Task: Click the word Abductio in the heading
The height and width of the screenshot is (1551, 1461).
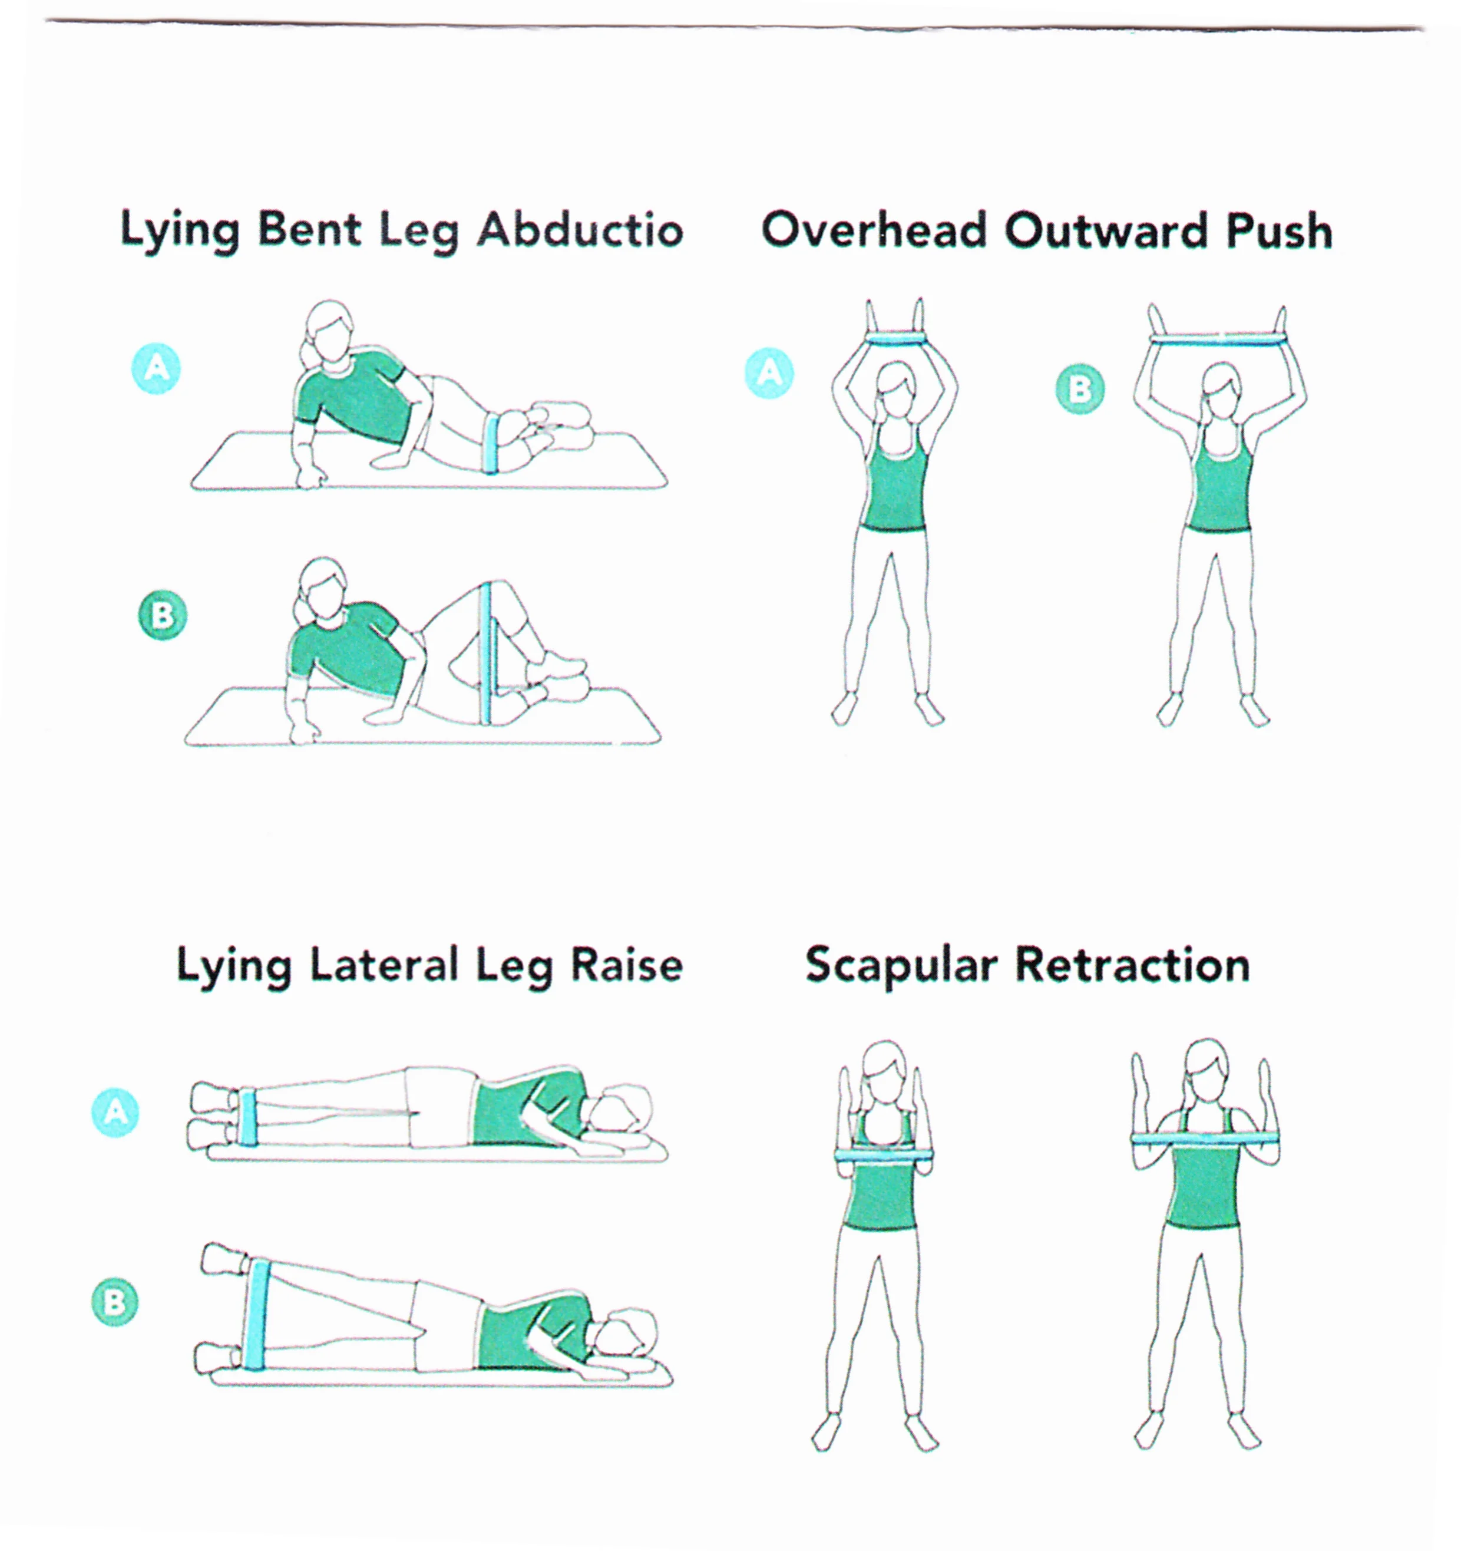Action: (580, 231)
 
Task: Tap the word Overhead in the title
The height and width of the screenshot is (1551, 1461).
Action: (874, 231)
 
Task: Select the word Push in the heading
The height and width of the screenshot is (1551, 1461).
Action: (1278, 231)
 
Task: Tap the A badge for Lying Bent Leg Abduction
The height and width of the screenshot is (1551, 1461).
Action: (157, 368)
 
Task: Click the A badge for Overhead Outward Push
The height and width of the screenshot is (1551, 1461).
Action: (770, 373)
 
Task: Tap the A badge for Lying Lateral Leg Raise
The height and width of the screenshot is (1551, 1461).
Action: (115, 1112)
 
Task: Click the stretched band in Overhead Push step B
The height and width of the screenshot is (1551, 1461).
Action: (1218, 341)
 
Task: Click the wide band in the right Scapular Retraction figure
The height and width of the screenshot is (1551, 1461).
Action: (1205, 1139)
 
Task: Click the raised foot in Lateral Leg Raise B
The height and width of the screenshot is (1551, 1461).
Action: (224, 1260)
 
